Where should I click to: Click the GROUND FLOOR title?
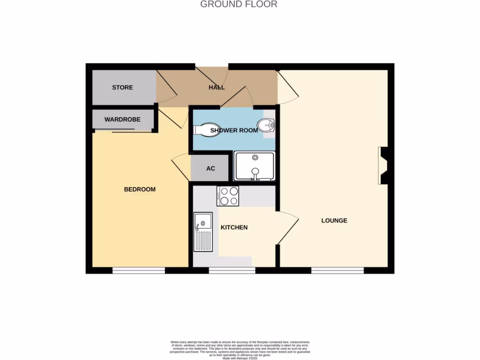[239, 5]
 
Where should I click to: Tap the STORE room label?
[122, 88]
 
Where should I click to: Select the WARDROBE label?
[122, 120]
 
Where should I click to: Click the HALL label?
[217, 88]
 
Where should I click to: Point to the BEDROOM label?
[140, 189]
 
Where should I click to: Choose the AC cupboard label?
[210, 168]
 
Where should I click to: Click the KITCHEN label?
[234, 227]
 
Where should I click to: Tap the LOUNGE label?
[334, 220]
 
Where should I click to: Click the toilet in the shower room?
[202, 129]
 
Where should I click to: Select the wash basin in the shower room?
[268, 126]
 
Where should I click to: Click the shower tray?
[255, 166]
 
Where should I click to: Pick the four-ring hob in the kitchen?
[228, 196]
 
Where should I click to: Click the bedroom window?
[138, 270]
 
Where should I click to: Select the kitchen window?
[232, 270]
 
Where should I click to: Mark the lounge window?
[337, 270]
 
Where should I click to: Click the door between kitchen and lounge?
[288, 227]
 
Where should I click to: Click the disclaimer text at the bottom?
[240, 351]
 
